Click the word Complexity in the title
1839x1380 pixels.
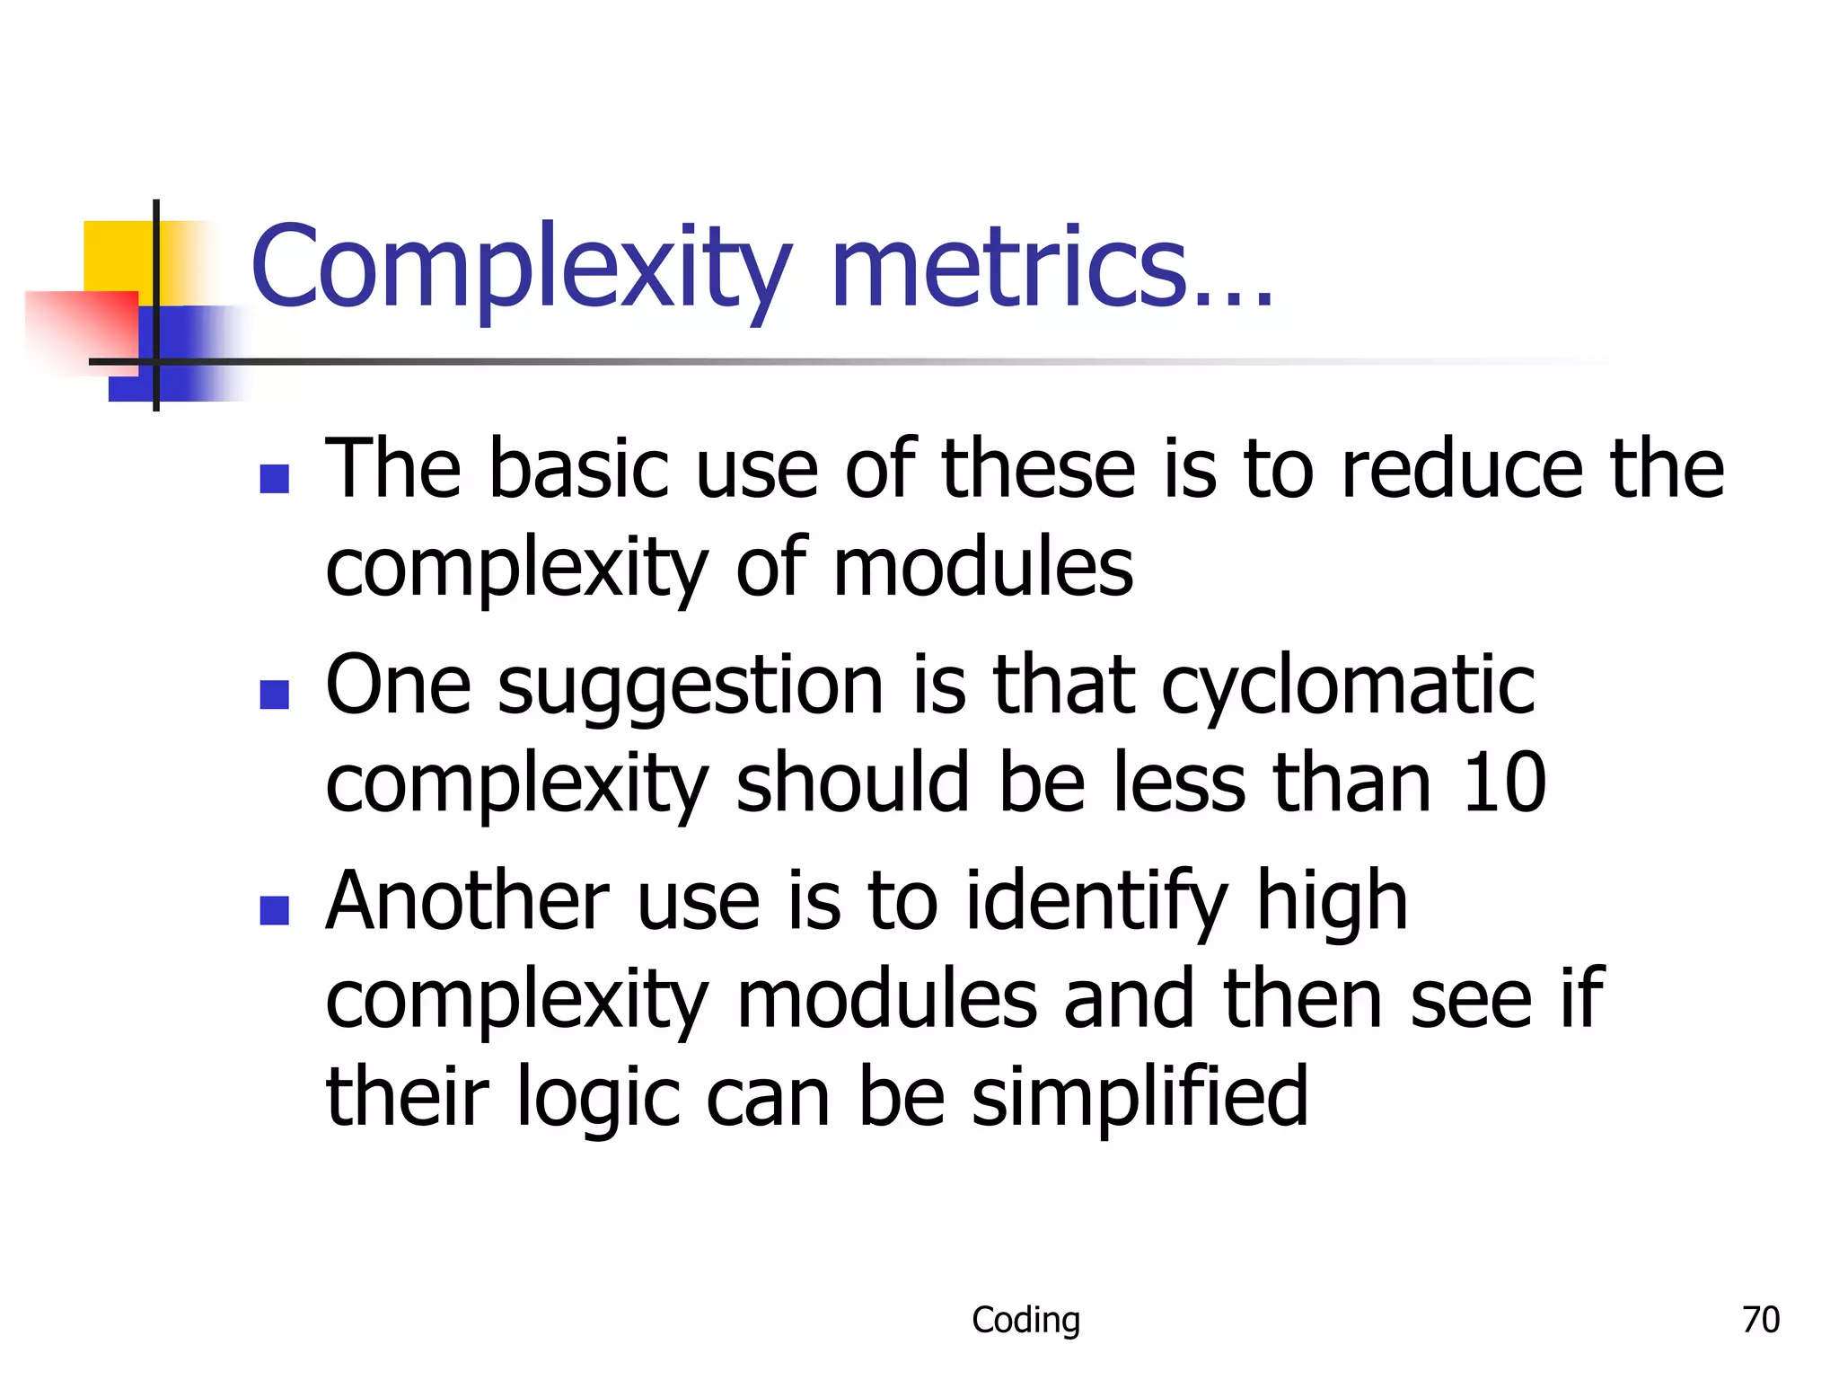[x=521, y=268]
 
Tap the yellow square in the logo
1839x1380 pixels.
[x=117, y=255]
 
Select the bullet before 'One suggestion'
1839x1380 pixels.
[x=274, y=694]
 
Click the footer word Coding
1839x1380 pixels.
[x=1025, y=1320]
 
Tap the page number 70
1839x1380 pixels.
[x=1760, y=1320]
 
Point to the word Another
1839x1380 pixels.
[x=467, y=900]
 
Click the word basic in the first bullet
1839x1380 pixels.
[x=578, y=469]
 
